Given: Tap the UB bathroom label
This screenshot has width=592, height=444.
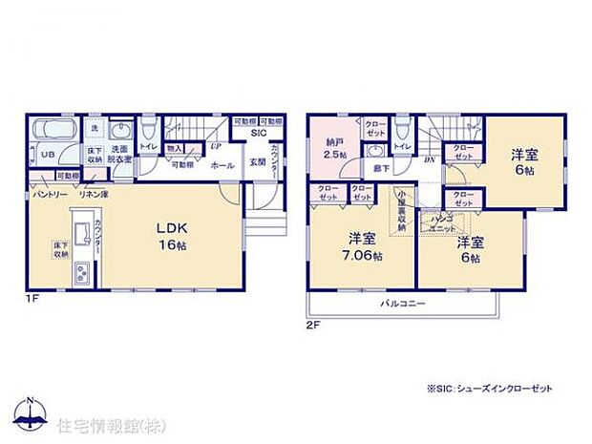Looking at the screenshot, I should [45, 154].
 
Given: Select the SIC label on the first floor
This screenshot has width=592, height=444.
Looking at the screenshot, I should [258, 133].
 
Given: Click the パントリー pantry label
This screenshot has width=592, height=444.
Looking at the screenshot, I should [50, 194].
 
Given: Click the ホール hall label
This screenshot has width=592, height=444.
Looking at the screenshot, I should [222, 165].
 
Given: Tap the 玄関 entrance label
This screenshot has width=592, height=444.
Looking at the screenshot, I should [258, 162].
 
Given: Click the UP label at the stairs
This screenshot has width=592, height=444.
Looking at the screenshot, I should [216, 147].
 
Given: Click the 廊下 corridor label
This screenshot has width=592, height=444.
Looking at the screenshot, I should [382, 169].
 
